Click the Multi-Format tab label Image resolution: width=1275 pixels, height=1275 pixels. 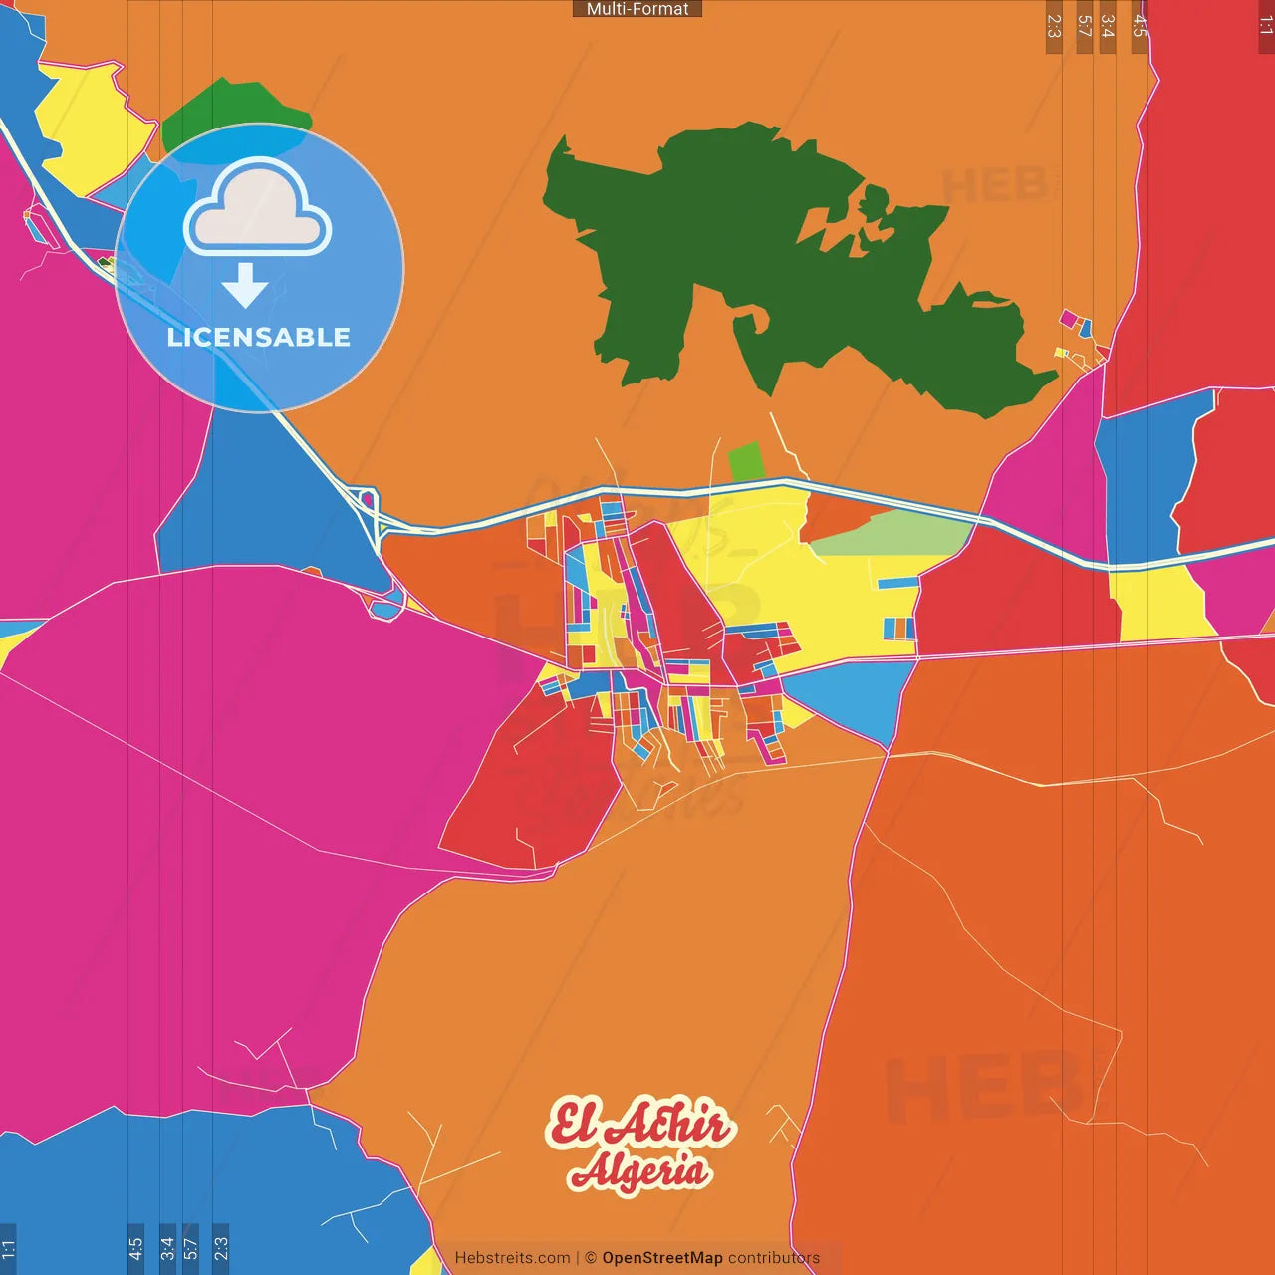coord(637,9)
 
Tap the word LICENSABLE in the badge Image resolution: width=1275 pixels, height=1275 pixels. coord(258,337)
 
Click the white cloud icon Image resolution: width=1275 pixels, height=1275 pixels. coord(258,210)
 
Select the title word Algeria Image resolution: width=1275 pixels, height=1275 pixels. coord(640,1170)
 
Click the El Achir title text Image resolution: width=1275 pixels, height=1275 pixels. coord(640,1124)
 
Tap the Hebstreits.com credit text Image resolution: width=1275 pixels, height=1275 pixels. coord(512,1258)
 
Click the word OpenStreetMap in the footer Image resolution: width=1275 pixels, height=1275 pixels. coord(661,1258)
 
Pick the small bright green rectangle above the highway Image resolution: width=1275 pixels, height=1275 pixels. coord(745,462)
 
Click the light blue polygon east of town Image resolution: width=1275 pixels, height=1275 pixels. coord(857,697)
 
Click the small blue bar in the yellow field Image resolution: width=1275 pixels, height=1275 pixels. coord(897,583)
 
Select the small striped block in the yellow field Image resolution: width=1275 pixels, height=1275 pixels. coord(898,628)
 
